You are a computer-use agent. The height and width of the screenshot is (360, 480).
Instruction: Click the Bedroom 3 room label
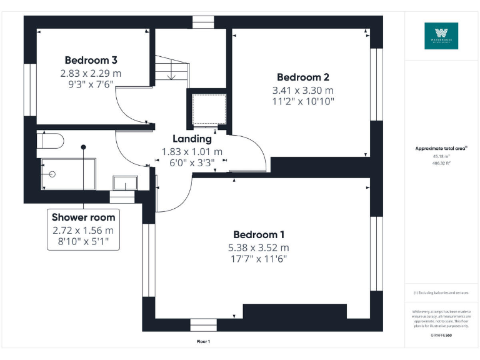[x=91, y=61]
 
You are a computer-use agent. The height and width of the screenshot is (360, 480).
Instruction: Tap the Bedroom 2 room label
[x=303, y=77]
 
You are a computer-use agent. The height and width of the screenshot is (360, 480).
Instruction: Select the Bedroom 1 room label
[x=259, y=235]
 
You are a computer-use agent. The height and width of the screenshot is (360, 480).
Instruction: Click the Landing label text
[x=192, y=139]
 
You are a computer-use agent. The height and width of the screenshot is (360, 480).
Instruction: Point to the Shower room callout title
[x=83, y=217]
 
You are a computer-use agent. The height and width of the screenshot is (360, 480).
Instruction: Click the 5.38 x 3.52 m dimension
[x=259, y=247]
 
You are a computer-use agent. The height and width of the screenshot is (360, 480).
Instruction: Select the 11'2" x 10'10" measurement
[x=303, y=101]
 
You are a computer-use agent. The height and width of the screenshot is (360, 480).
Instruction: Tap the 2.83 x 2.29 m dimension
[x=91, y=73]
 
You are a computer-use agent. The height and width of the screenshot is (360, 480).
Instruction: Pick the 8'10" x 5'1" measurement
[x=83, y=241]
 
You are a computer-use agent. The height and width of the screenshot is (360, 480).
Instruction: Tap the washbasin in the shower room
[x=125, y=182]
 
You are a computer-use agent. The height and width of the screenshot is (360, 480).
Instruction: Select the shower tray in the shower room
[x=68, y=174]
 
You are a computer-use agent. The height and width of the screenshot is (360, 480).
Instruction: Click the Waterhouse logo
[x=441, y=36]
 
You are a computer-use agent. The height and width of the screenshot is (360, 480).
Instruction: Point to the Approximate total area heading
[x=441, y=149]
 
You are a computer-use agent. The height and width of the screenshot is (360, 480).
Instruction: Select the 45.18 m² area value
[x=441, y=156]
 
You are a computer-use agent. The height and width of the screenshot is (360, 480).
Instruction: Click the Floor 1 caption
[x=203, y=342]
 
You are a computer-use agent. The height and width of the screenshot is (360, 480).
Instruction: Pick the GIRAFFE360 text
[x=441, y=336]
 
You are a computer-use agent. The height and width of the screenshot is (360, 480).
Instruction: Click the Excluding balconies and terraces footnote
[x=441, y=292]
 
